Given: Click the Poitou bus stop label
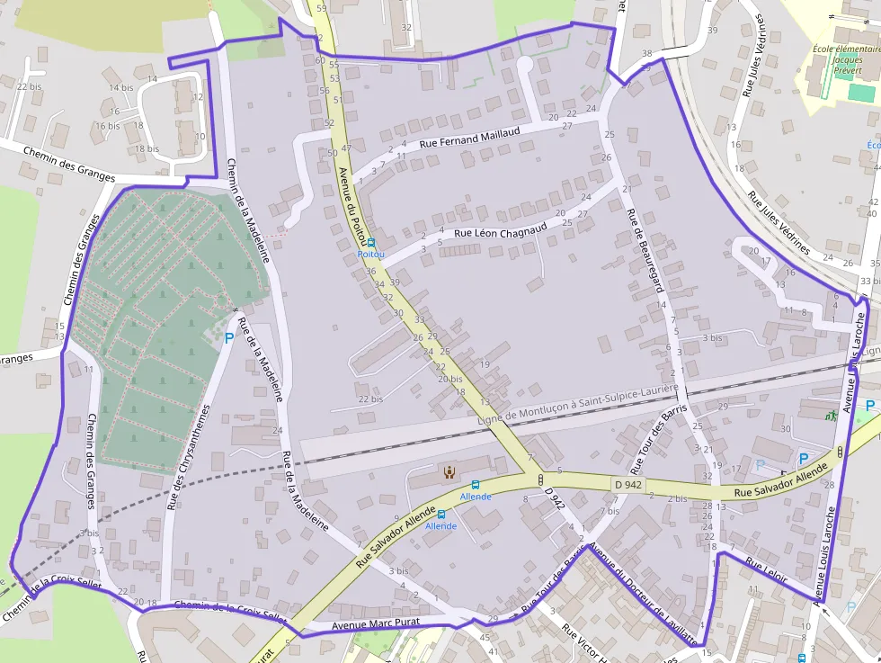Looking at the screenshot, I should point(370,255).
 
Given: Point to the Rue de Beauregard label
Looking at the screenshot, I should point(645,251).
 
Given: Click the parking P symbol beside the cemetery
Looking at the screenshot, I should point(229,339).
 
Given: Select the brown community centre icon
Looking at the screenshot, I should point(449,471).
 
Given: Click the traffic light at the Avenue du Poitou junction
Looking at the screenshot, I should point(539,479).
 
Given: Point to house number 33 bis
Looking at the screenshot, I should point(869,282).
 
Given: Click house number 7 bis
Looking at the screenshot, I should point(610,511).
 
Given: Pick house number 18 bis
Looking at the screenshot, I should point(147,148).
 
